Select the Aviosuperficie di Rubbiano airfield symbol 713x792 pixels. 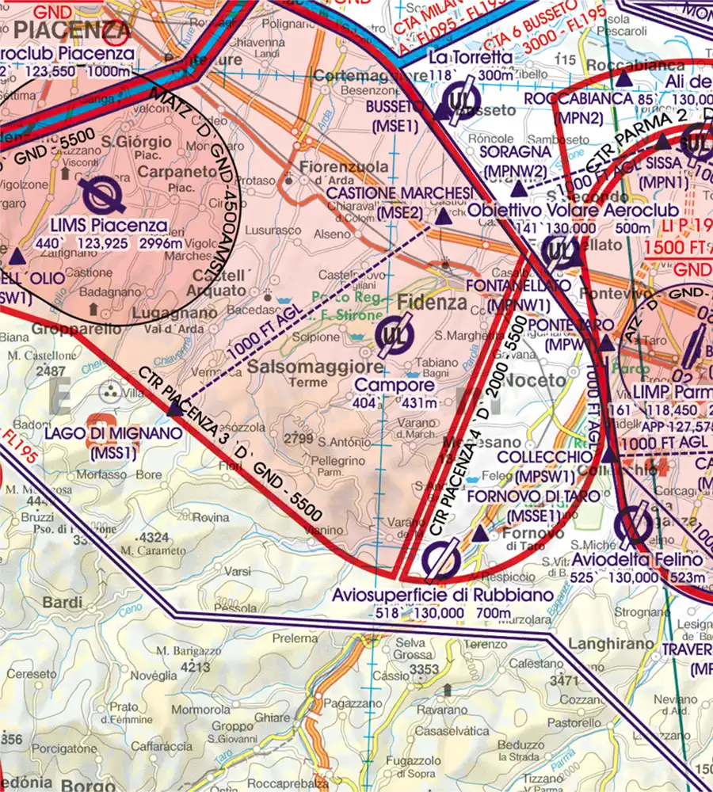point(441,559)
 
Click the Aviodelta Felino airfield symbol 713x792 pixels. point(635,524)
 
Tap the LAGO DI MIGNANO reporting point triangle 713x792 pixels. point(173,409)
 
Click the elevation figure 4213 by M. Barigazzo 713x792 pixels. point(195,667)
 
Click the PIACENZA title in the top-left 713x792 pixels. point(71,31)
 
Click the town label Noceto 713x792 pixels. point(536,381)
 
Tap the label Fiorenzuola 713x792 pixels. point(345,167)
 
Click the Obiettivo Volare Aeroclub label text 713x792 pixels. point(574,211)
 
